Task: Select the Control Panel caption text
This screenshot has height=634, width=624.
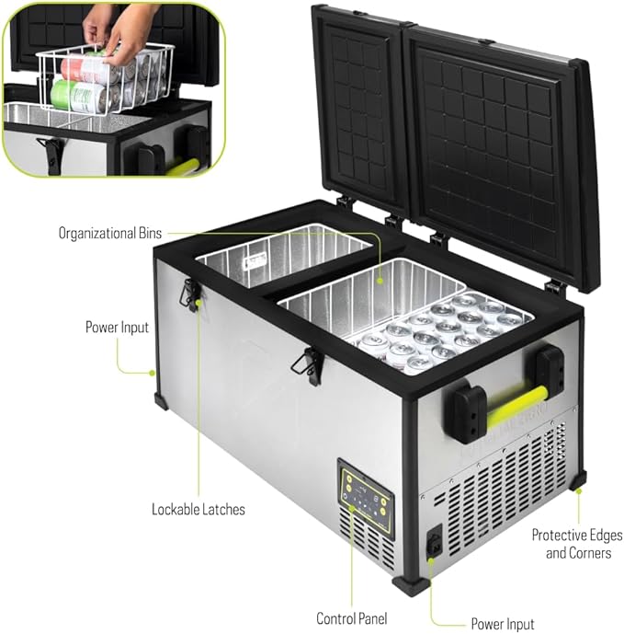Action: pyautogui.click(x=352, y=617)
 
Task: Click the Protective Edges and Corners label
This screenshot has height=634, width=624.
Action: pyautogui.click(x=577, y=544)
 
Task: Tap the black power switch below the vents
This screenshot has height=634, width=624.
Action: pyautogui.click(x=431, y=545)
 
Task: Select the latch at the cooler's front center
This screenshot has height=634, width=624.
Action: pyautogui.click(x=308, y=366)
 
